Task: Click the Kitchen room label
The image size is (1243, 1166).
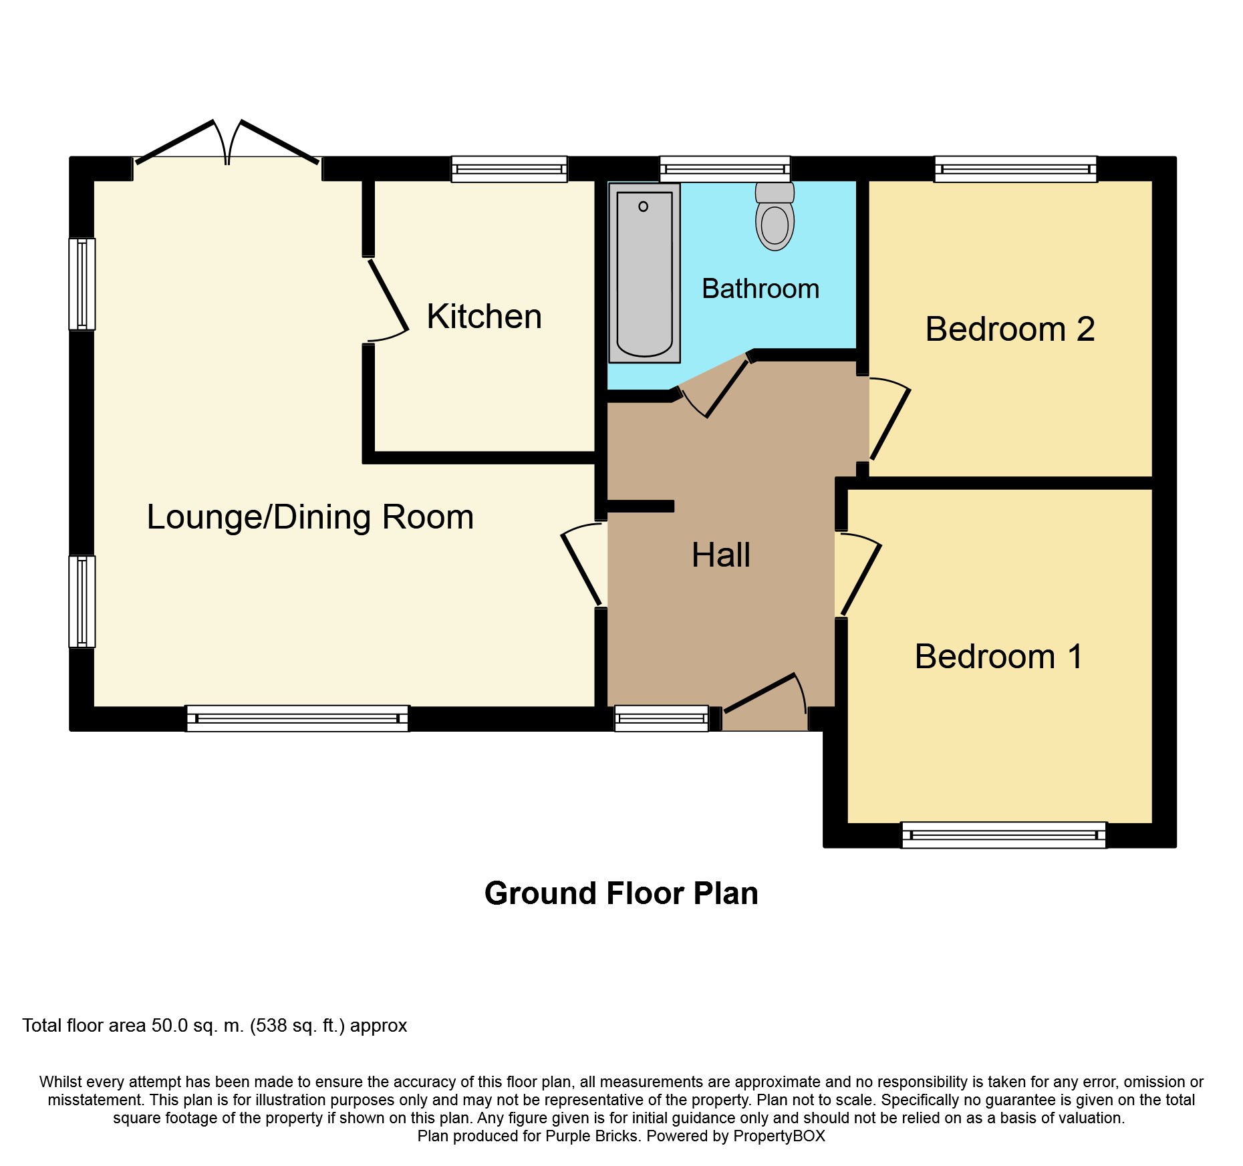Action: (484, 316)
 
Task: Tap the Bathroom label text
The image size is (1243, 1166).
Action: (761, 289)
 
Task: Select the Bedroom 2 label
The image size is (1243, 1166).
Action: (1010, 329)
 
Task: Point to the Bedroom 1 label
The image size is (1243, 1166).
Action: (998, 656)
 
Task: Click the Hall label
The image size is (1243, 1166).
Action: (721, 555)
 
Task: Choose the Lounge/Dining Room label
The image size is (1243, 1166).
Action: (310, 517)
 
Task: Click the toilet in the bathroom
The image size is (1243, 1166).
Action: (775, 216)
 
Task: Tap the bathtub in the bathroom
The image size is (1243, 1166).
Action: (644, 273)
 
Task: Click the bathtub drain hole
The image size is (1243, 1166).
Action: (643, 206)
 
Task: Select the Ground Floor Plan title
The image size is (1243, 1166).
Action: (621, 893)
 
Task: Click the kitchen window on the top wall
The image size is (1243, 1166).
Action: (509, 169)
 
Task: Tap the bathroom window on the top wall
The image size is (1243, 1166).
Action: (725, 169)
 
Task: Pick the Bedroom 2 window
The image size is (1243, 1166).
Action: (1016, 169)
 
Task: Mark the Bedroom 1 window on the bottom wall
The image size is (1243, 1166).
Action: (1004, 835)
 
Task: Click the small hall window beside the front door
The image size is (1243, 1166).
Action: (662, 718)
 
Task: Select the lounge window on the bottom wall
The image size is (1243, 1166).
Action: (297, 718)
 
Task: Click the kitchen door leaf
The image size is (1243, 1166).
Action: (388, 295)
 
